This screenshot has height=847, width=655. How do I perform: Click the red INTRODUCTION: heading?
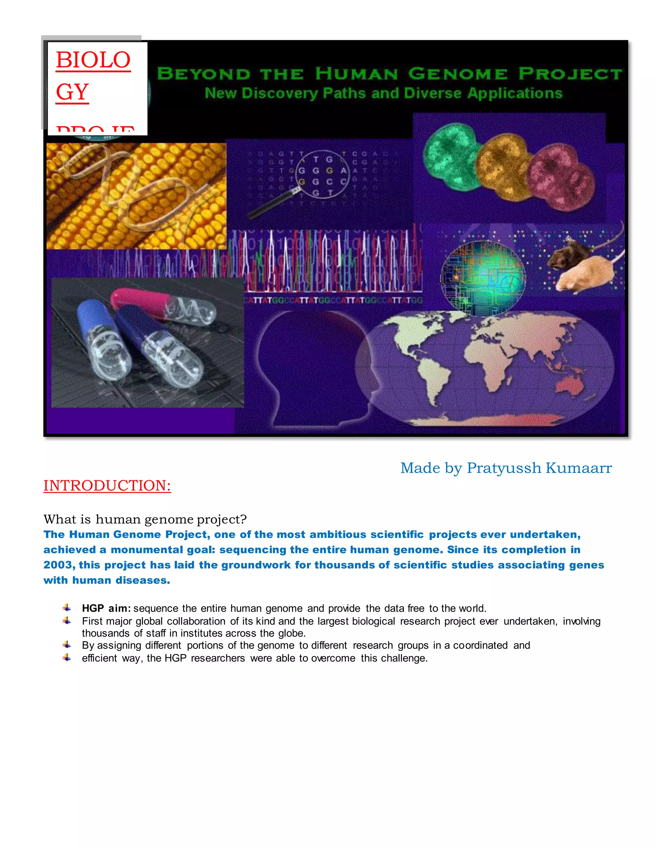(107, 486)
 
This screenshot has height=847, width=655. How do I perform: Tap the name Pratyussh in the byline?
(504, 468)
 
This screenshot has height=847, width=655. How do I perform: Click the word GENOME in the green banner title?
(458, 74)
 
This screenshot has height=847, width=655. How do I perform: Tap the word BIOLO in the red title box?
(93, 60)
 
